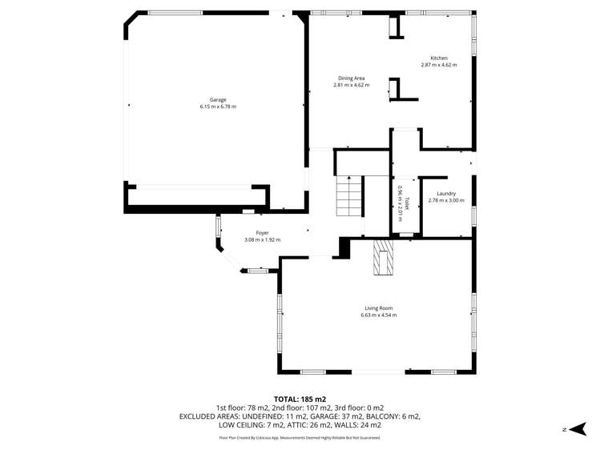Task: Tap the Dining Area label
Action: [x=351, y=78]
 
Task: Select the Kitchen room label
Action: [x=439, y=58]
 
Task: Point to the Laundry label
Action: [x=446, y=194]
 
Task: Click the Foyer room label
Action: [x=262, y=233]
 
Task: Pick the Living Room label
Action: [x=378, y=308]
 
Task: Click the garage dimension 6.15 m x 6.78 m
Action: [x=218, y=106]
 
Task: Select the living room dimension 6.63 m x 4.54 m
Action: [x=378, y=315]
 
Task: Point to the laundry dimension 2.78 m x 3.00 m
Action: [x=446, y=200]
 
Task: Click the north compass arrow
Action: [x=580, y=429]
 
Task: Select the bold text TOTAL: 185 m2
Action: [x=300, y=399]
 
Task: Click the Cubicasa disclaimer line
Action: [x=300, y=438]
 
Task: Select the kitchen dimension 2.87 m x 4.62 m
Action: [x=439, y=65]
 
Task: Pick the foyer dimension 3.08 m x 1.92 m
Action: [x=262, y=239]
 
